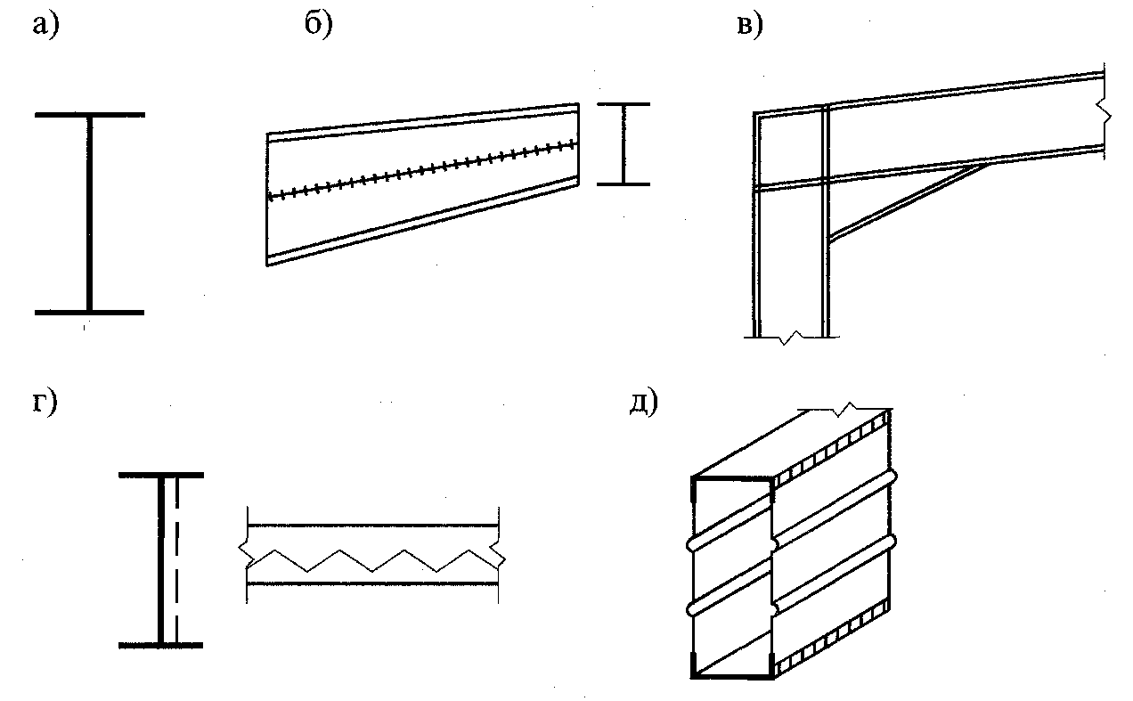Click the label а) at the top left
tap(44, 27)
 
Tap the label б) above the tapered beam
tap(318, 27)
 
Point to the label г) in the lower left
tap(43, 403)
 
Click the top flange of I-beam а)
tap(89, 116)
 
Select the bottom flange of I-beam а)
tap(89, 313)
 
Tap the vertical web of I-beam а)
tap(89, 214)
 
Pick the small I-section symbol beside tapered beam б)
tap(624, 144)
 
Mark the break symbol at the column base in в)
tap(791, 338)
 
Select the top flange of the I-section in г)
tap(161, 476)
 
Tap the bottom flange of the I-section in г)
tap(161, 644)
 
